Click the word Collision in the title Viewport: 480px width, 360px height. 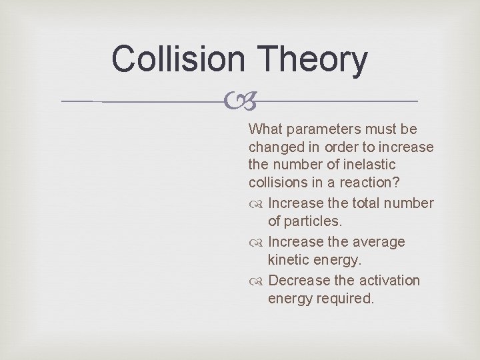point(178,59)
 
